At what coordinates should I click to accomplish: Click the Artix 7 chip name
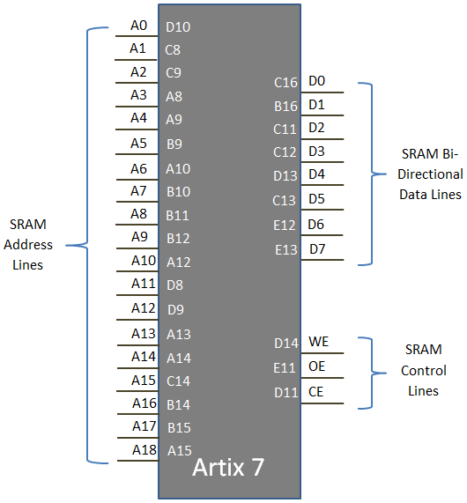coord(228,468)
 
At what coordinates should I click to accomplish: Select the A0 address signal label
coord(138,26)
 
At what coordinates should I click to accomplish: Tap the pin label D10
coord(178,27)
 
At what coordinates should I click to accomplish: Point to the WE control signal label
coord(318,342)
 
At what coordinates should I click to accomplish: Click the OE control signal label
coord(317,366)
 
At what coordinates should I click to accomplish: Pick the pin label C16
coord(285,83)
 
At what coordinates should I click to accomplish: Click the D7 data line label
coord(317,248)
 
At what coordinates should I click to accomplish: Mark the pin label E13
coord(286,249)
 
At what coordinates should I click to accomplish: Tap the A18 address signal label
coord(144,449)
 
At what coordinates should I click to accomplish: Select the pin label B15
coord(179,427)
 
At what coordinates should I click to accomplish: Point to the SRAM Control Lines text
coord(424,370)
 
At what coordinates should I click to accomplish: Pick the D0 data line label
coord(317,81)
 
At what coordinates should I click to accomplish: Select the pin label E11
coord(286,366)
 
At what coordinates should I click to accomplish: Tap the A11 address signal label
coord(144,284)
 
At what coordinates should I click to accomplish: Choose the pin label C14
coord(179,381)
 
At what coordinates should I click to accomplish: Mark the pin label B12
coord(179,238)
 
